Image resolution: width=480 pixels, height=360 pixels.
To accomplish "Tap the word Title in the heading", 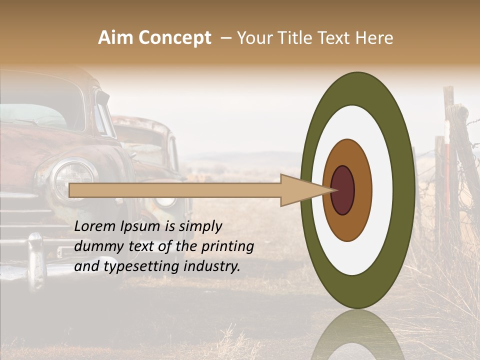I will (x=298, y=38).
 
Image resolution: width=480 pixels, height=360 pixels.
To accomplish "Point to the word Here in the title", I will (x=375, y=38).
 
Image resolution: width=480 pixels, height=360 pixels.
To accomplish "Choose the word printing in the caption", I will (x=227, y=247).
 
